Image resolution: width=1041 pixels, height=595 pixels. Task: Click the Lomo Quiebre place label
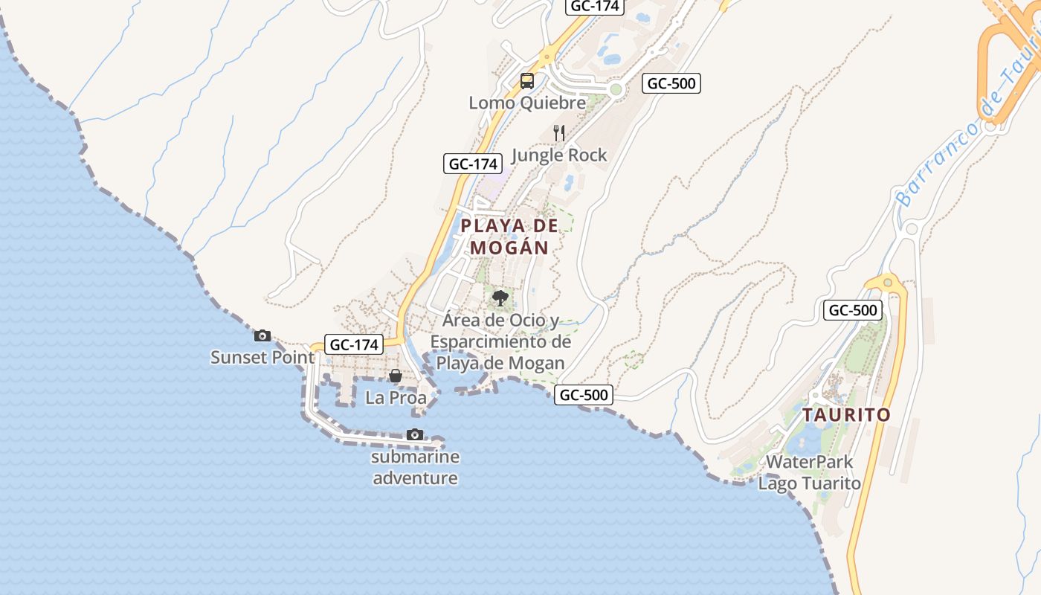click(526, 103)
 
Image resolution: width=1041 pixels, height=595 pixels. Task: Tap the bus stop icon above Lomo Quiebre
click(526, 81)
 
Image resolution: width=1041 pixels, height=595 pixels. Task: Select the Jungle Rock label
click(559, 155)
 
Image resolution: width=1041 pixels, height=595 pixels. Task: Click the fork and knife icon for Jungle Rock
click(559, 133)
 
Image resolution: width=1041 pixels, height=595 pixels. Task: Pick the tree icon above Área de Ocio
click(500, 299)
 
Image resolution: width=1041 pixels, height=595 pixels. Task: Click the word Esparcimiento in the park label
click(500, 342)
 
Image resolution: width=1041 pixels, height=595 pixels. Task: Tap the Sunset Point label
click(262, 357)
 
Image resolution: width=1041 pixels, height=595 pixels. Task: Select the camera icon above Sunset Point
click(262, 335)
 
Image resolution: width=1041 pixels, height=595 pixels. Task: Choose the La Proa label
click(396, 398)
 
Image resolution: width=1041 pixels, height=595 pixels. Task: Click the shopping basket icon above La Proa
click(396, 376)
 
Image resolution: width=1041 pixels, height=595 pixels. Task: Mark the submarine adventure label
click(415, 467)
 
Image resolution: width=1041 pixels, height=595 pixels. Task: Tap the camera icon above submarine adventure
click(415, 434)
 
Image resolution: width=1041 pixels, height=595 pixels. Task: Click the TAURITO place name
click(846, 415)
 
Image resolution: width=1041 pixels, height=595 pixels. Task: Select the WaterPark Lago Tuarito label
click(809, 472)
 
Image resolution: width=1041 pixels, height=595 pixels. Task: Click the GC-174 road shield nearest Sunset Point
click(355, 344)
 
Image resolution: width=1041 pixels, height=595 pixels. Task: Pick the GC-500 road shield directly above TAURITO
click(852, 310)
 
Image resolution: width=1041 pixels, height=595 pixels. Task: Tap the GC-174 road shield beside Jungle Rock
click(473, 164)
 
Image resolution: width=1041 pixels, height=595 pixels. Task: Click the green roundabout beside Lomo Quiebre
click(615, 90)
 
